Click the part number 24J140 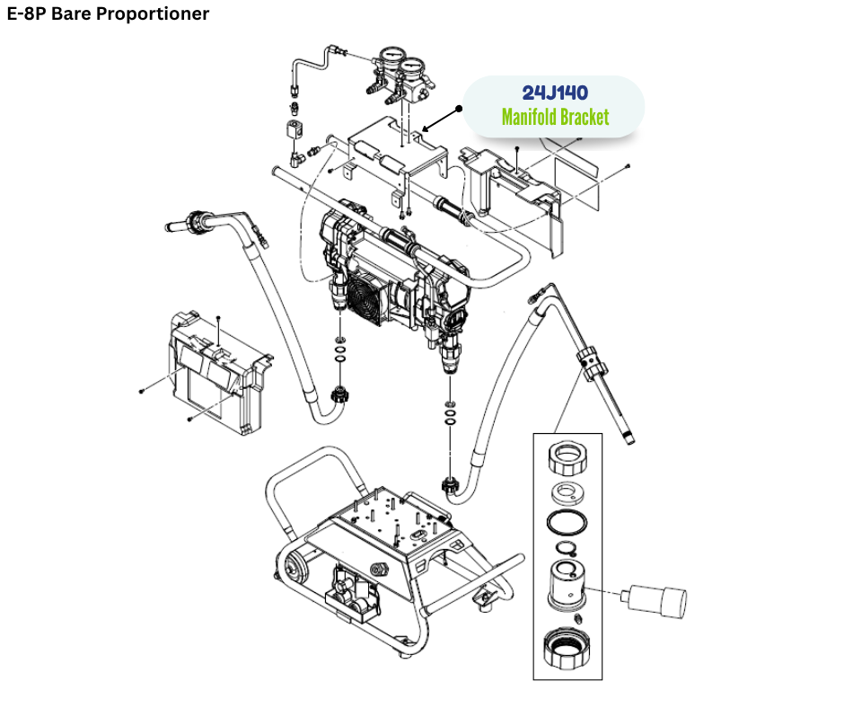(555, 93)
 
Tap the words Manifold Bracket (555, 118)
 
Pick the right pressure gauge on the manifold (414, 70)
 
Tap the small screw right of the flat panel (628, 167)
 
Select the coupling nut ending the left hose (341, 393)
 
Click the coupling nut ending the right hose (451, 487)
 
